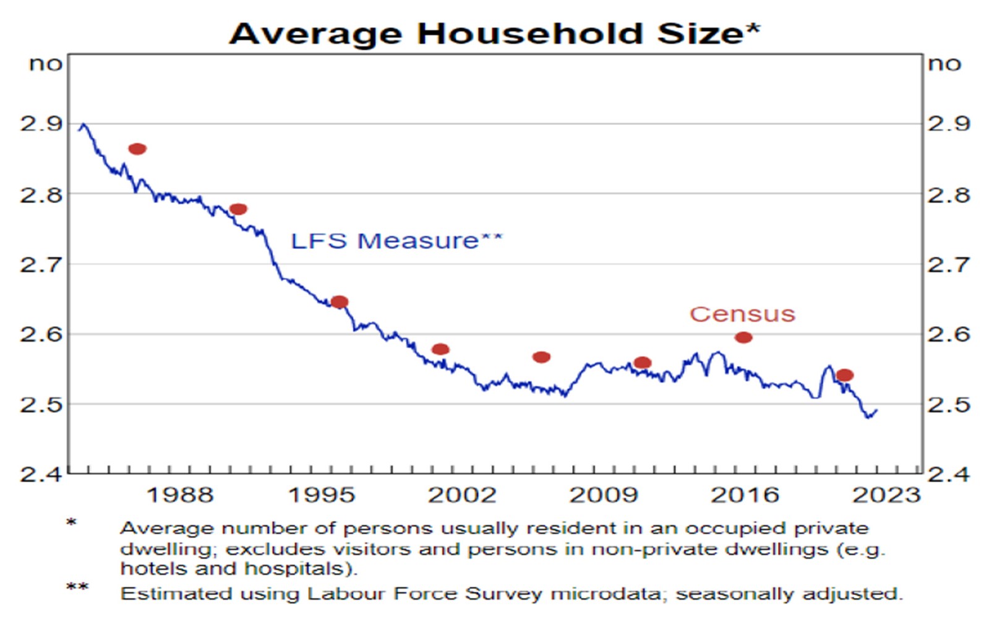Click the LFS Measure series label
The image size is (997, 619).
(x=396, y=241)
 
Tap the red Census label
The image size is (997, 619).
(x=742, y=314)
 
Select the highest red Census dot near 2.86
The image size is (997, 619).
(x=137, y=149)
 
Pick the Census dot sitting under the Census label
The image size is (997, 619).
(x=743, y=337)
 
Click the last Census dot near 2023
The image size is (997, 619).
(x=845, y=375)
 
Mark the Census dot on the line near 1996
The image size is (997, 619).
(x=340, y=302)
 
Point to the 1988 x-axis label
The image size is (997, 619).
(x=179, y=495)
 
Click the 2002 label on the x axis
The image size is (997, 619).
(x=463, y=495)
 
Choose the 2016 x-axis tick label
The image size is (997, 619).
(x=745, y=495)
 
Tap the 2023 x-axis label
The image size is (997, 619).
(x=886, y=495)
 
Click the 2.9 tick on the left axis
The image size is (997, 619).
(x=42, y=124)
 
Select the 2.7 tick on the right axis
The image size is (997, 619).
(x=949, y=265)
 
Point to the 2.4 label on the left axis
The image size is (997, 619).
(x=42, y=475)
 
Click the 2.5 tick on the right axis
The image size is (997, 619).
(x=949, y=405)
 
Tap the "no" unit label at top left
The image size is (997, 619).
(x=46, y=64)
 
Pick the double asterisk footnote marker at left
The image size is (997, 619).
(x=77, y=587)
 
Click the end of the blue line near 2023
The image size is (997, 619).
(x=876, y=410)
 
